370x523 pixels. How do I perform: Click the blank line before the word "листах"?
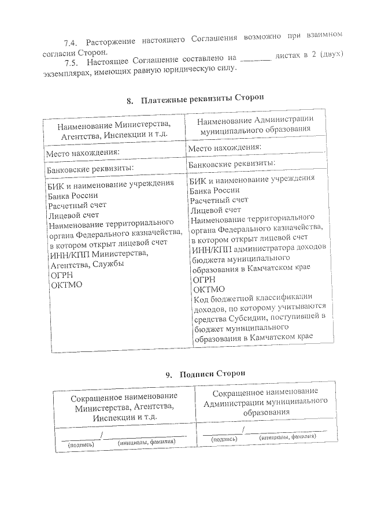point(255,58)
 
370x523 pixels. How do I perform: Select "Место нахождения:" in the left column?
point(83,153)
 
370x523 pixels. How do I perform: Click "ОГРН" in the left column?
point(61,275)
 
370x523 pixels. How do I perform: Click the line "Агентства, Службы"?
point(87,264)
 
